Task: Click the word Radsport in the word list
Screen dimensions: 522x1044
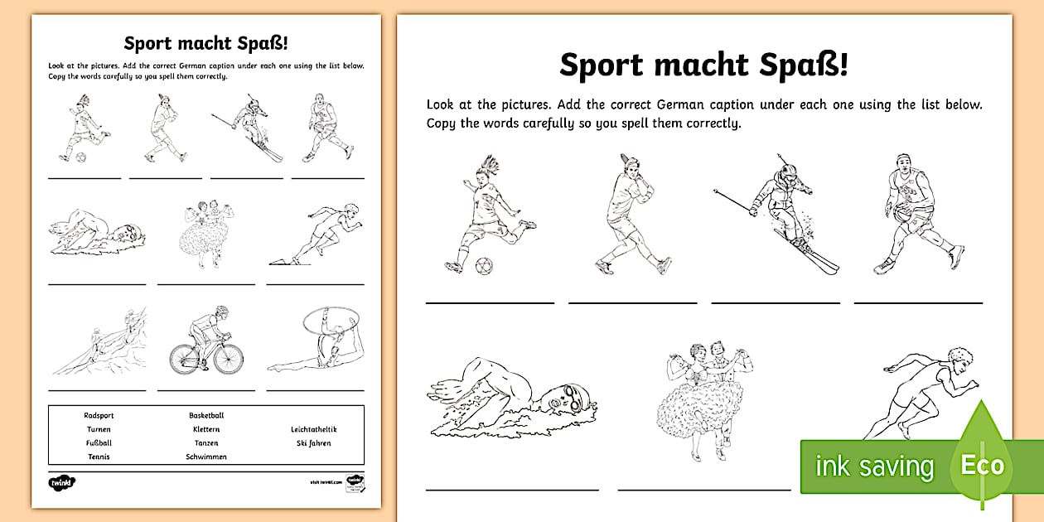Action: pos(97,415)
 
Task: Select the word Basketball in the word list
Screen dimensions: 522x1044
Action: pos(206,415)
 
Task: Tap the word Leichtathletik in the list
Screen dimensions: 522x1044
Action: pos(313,429)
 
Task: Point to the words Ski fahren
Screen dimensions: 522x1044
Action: pos(313,443)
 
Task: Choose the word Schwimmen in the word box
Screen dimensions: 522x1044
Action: pos(206,457)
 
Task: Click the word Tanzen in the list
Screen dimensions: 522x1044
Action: pos(206,443)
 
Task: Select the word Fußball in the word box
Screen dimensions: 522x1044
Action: pos(99,443)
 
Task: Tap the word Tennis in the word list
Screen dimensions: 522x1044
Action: pos(99,457)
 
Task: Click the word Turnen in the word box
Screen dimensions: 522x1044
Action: pos(99,429)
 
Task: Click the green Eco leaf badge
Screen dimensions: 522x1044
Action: pos(982,464)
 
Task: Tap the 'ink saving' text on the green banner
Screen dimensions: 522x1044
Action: pos(874,466)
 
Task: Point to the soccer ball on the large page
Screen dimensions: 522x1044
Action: pos(484,267)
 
